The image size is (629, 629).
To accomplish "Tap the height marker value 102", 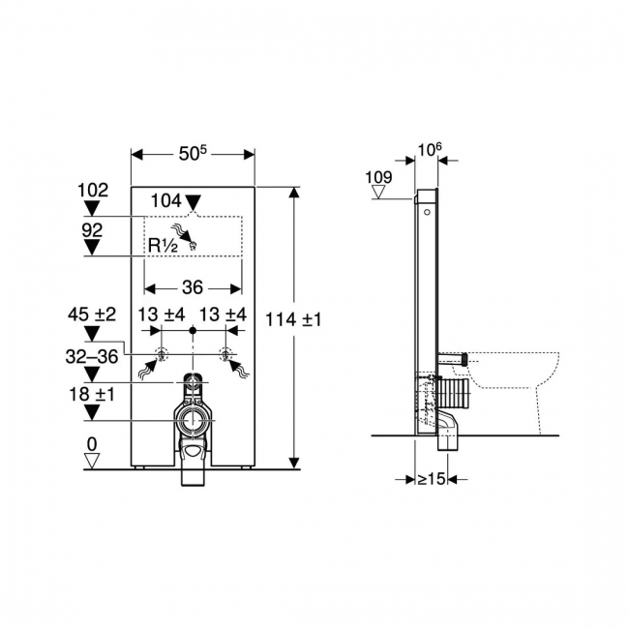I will click(x=93, y=191).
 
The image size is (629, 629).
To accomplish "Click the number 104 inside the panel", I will click(x=166, y=200).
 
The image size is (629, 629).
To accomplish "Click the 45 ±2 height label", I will click(x=92, y=314).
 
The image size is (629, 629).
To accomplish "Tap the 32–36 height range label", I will click(x=93, y=356).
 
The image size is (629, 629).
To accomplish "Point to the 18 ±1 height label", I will click(x=92, y=395).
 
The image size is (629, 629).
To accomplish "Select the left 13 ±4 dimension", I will click(x=160, y=314).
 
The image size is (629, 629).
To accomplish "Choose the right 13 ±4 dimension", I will click(x=223, y=314).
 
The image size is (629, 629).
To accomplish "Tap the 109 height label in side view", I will click(x=380, y=177).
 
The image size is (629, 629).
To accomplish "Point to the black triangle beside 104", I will click(x=194, y=202).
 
